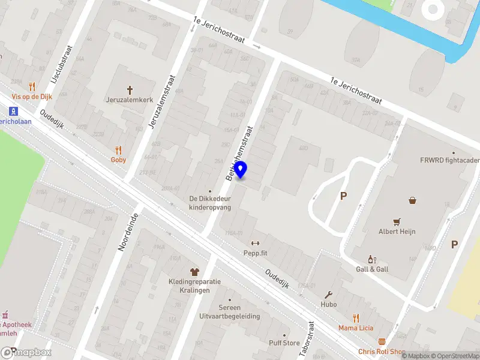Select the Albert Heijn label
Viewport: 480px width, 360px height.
[x=397, y=232]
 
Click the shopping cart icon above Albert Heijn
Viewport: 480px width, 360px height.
[x=397, y=221]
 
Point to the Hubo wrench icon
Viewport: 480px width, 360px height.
[x=329, y=295]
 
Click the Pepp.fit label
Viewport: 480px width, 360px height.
[x=255, y=253]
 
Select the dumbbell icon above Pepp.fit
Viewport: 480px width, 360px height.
[x=254, y=243]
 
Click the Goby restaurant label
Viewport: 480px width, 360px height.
[x=118, y=160]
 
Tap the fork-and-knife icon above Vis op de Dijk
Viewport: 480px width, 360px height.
[x=32, y=86]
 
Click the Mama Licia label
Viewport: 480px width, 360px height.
[x=356, y=328]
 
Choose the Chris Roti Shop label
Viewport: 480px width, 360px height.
[x=382, y=352]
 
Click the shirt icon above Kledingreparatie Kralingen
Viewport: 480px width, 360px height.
[x=194, y=272]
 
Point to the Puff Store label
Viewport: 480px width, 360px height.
[x=284, y=343]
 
